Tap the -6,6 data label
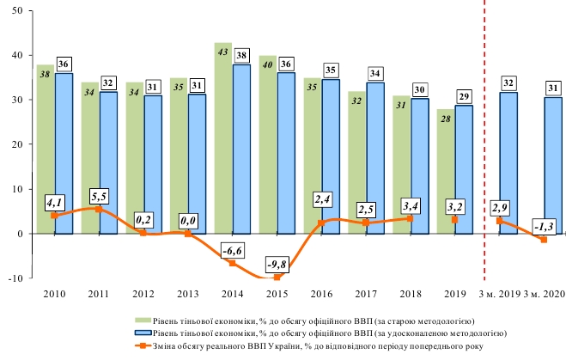point(233,249)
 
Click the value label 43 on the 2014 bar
point(222,53)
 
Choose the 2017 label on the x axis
point(367,295)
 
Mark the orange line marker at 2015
point(277,277)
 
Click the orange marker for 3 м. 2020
point(544,239)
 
